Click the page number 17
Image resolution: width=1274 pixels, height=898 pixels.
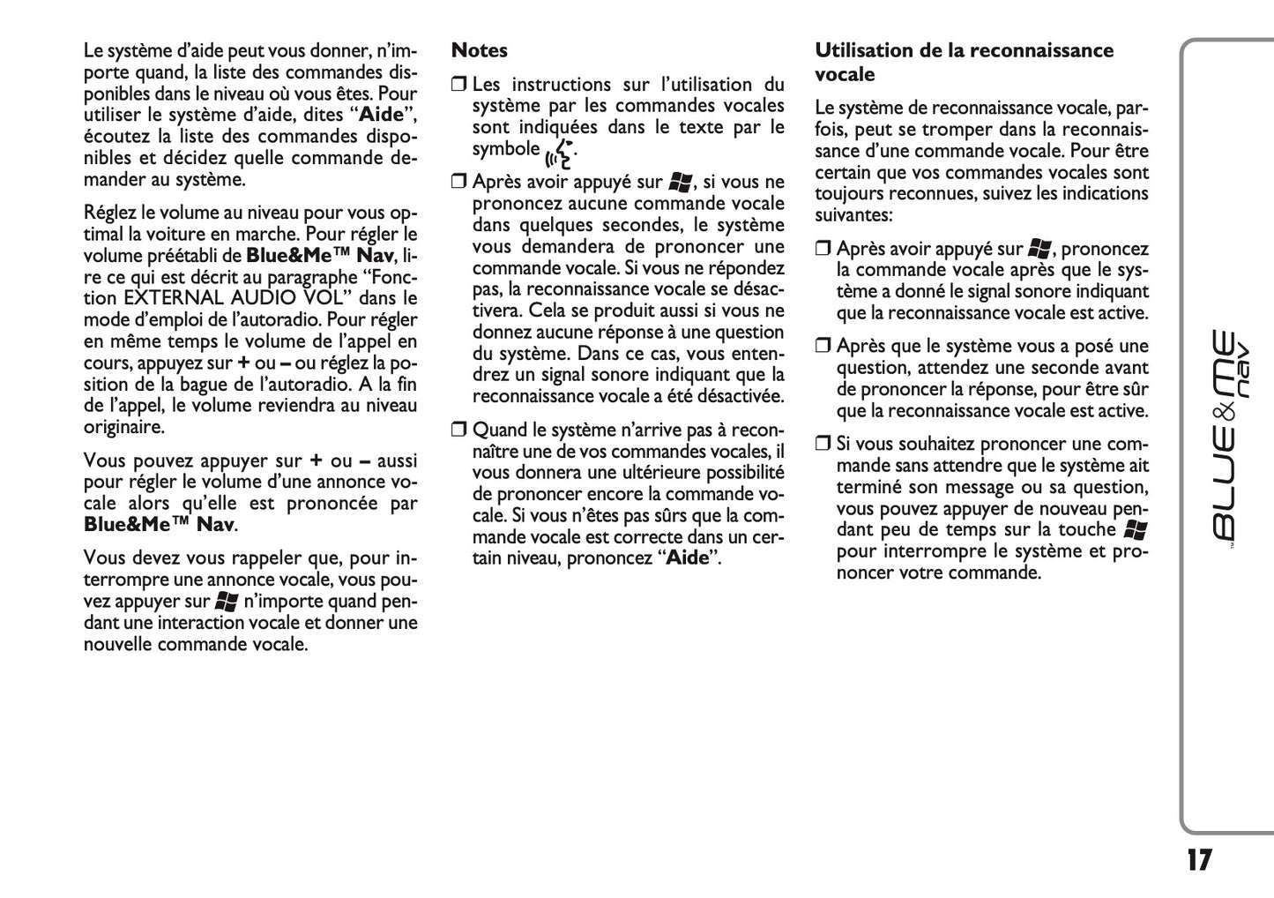[x=1198, y=860]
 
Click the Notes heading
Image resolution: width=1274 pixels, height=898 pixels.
[x=479, y=51]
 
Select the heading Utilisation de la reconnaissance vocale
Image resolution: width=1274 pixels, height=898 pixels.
[x=964, y=62]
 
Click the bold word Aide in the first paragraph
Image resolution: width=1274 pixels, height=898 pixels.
[x=381, y=116]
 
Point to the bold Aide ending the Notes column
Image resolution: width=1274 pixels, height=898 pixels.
[x=687, y=558]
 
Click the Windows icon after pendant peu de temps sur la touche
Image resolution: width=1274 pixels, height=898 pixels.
[x=1136, y=529]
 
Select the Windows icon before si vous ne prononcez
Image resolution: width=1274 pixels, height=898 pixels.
[x=679, y=183]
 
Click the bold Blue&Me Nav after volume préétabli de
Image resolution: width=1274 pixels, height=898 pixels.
[x=319, y=256]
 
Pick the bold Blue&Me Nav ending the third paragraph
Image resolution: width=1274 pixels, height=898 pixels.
[x=159, y=525]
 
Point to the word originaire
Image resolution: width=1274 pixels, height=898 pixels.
[x=123, y=427]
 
